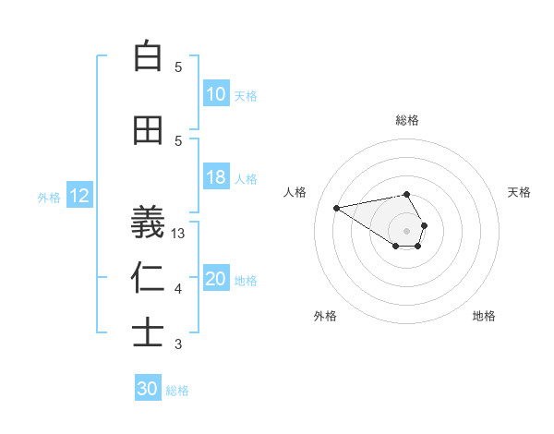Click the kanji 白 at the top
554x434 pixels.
[148, 56]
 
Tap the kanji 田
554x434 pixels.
[148, 130]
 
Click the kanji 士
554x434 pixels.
[148, 333]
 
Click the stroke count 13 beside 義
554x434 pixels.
[179, 234]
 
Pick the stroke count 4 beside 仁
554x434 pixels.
[178, 289]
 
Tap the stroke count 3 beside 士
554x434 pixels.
[178, 344]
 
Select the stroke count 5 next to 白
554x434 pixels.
[178, 66]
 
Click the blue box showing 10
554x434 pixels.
[215, 94]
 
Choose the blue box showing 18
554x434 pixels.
[215, 177]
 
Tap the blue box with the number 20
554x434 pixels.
[215, 279]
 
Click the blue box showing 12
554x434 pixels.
[79, 196]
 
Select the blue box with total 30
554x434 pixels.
[148, 389]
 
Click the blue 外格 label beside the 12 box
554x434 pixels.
[49, 197]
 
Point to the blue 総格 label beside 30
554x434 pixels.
[177, 391]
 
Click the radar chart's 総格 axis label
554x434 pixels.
[406, 120]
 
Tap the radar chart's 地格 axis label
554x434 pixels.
[484, 316]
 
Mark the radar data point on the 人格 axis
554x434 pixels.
[336, 207]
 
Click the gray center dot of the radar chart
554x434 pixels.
[406, 230]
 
